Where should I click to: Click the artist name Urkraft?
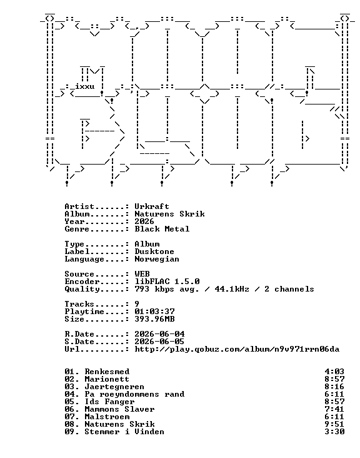[152, 206]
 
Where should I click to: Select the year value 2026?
[144, 221]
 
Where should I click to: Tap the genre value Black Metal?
[162, 229]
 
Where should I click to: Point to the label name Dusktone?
[154, 252]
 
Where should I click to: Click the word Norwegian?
[157, 259]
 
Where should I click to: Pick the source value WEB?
[142, 274]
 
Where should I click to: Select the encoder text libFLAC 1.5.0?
[167, 282]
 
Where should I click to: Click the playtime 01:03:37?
[154, 312]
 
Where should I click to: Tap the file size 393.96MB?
[154, 319]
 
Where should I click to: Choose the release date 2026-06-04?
[159, 334]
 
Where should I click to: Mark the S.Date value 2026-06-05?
[159, 342]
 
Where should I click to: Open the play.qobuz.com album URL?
[237, 349]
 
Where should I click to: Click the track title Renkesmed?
[107, 372]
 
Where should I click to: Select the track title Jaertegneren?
[114, 387]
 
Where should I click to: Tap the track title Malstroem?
[107, 417]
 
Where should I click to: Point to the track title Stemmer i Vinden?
[124, 432]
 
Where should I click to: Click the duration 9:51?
[334, 424]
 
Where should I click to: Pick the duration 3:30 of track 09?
[334, 432]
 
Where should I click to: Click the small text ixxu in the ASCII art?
[84, 87]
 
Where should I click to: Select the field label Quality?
[82, 290]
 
